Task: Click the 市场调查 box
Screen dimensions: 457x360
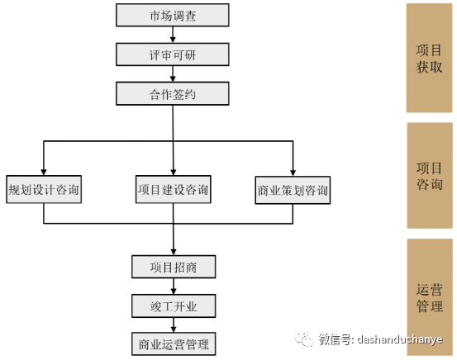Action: click(173, 15)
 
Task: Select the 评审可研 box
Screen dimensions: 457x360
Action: click(173, 54)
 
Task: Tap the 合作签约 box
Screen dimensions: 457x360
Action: click(173, 93)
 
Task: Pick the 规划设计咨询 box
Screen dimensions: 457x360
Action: click(44, 189)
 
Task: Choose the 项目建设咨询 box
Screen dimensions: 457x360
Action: click(173, 189)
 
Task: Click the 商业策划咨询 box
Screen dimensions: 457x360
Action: click(293, 190)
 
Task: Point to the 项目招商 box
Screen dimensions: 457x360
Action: click(174, 267)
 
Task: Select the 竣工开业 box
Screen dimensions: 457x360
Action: click(174, 306)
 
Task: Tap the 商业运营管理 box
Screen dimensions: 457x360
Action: click(174, 344)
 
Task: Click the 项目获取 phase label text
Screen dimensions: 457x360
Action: click(429, 59)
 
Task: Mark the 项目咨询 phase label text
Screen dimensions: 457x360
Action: click(429, 176)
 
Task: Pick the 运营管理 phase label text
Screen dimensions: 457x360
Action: click(429, 298)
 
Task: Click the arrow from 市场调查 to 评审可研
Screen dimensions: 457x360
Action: click(173, 35)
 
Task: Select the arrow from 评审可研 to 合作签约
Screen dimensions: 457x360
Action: click(173, 74)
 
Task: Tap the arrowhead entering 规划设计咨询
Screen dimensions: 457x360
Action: click(44, 172)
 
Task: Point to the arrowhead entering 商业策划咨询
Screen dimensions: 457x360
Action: click(293, 173)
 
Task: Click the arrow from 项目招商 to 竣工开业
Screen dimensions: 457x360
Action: click(174, 287)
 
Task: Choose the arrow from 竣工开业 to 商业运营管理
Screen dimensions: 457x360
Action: click(174, 324)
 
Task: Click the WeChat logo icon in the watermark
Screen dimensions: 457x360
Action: click(303, 339)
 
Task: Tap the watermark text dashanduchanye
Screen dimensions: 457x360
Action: click(400, 339)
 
